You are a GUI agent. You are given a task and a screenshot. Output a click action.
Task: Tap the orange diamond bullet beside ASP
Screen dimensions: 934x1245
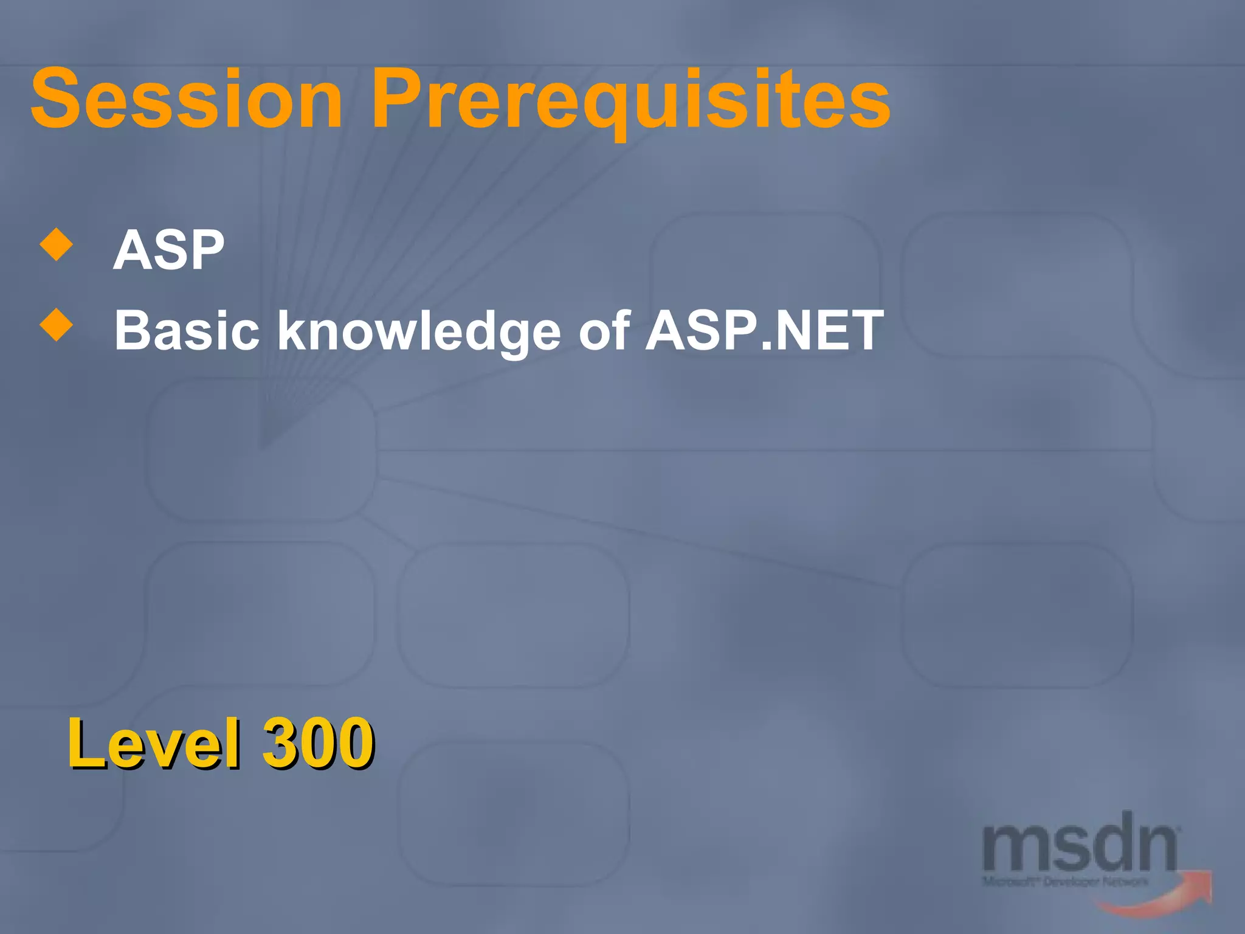[x=56, y=244]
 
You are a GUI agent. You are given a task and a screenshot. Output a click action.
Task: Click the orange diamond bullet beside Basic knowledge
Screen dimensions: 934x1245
[x=56, y=325]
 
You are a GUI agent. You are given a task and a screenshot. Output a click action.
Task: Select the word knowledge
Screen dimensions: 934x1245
[x=419, y=331]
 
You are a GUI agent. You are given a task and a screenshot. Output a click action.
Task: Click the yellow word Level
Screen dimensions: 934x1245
[x=154, y=743]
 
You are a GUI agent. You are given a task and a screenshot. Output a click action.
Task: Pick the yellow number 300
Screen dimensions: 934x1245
[x=318, y=743]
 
